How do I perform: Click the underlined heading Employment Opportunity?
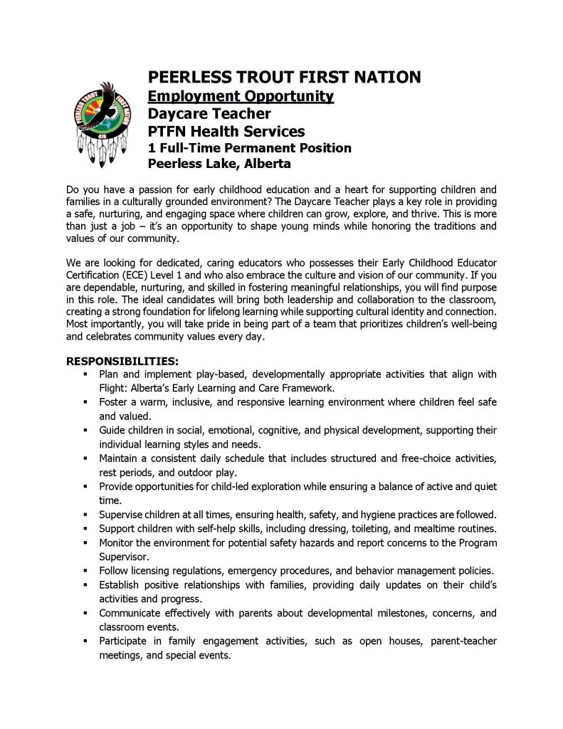pos(240,95)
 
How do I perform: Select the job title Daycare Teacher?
pos(209,113)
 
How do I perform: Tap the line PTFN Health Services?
pos(226,131)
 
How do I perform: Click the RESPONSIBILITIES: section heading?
pos(122,362)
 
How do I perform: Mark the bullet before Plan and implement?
pos(85,374)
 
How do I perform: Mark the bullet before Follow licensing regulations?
pos(85,570)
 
